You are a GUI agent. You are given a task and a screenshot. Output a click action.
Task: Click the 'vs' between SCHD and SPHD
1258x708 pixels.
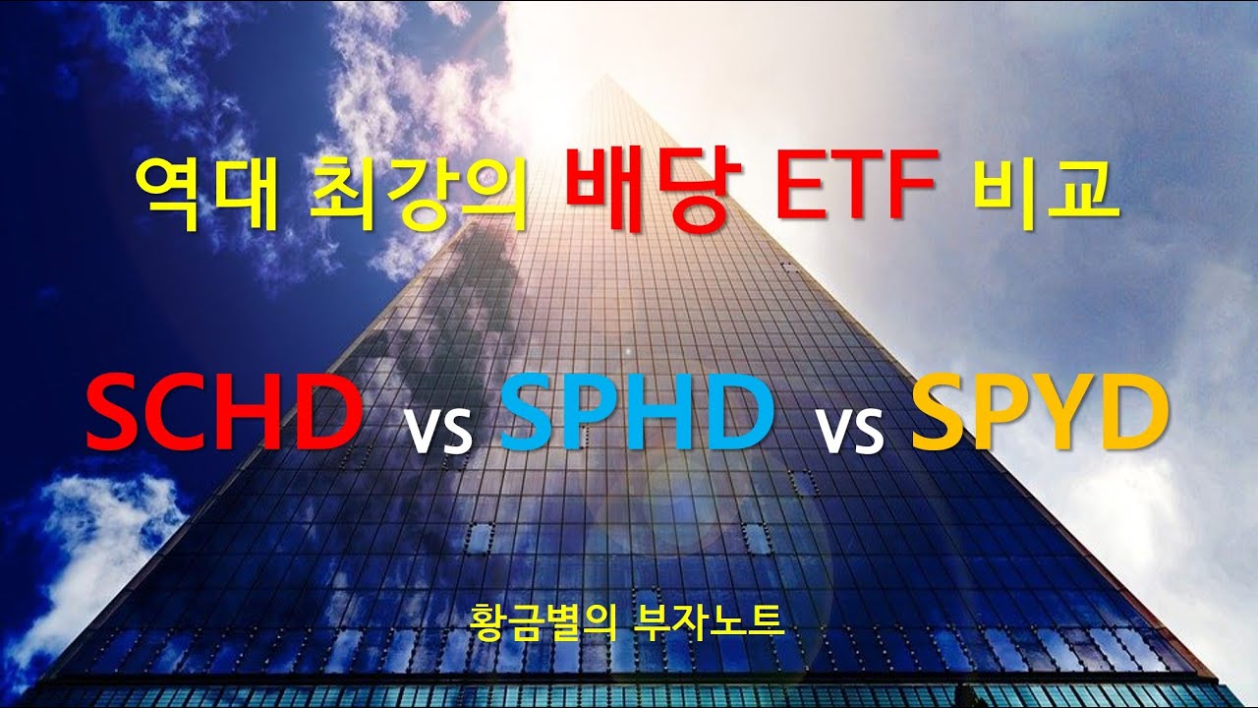click(x=438, y=429)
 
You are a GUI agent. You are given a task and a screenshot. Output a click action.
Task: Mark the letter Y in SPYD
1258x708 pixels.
click(x=1064, y=414)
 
